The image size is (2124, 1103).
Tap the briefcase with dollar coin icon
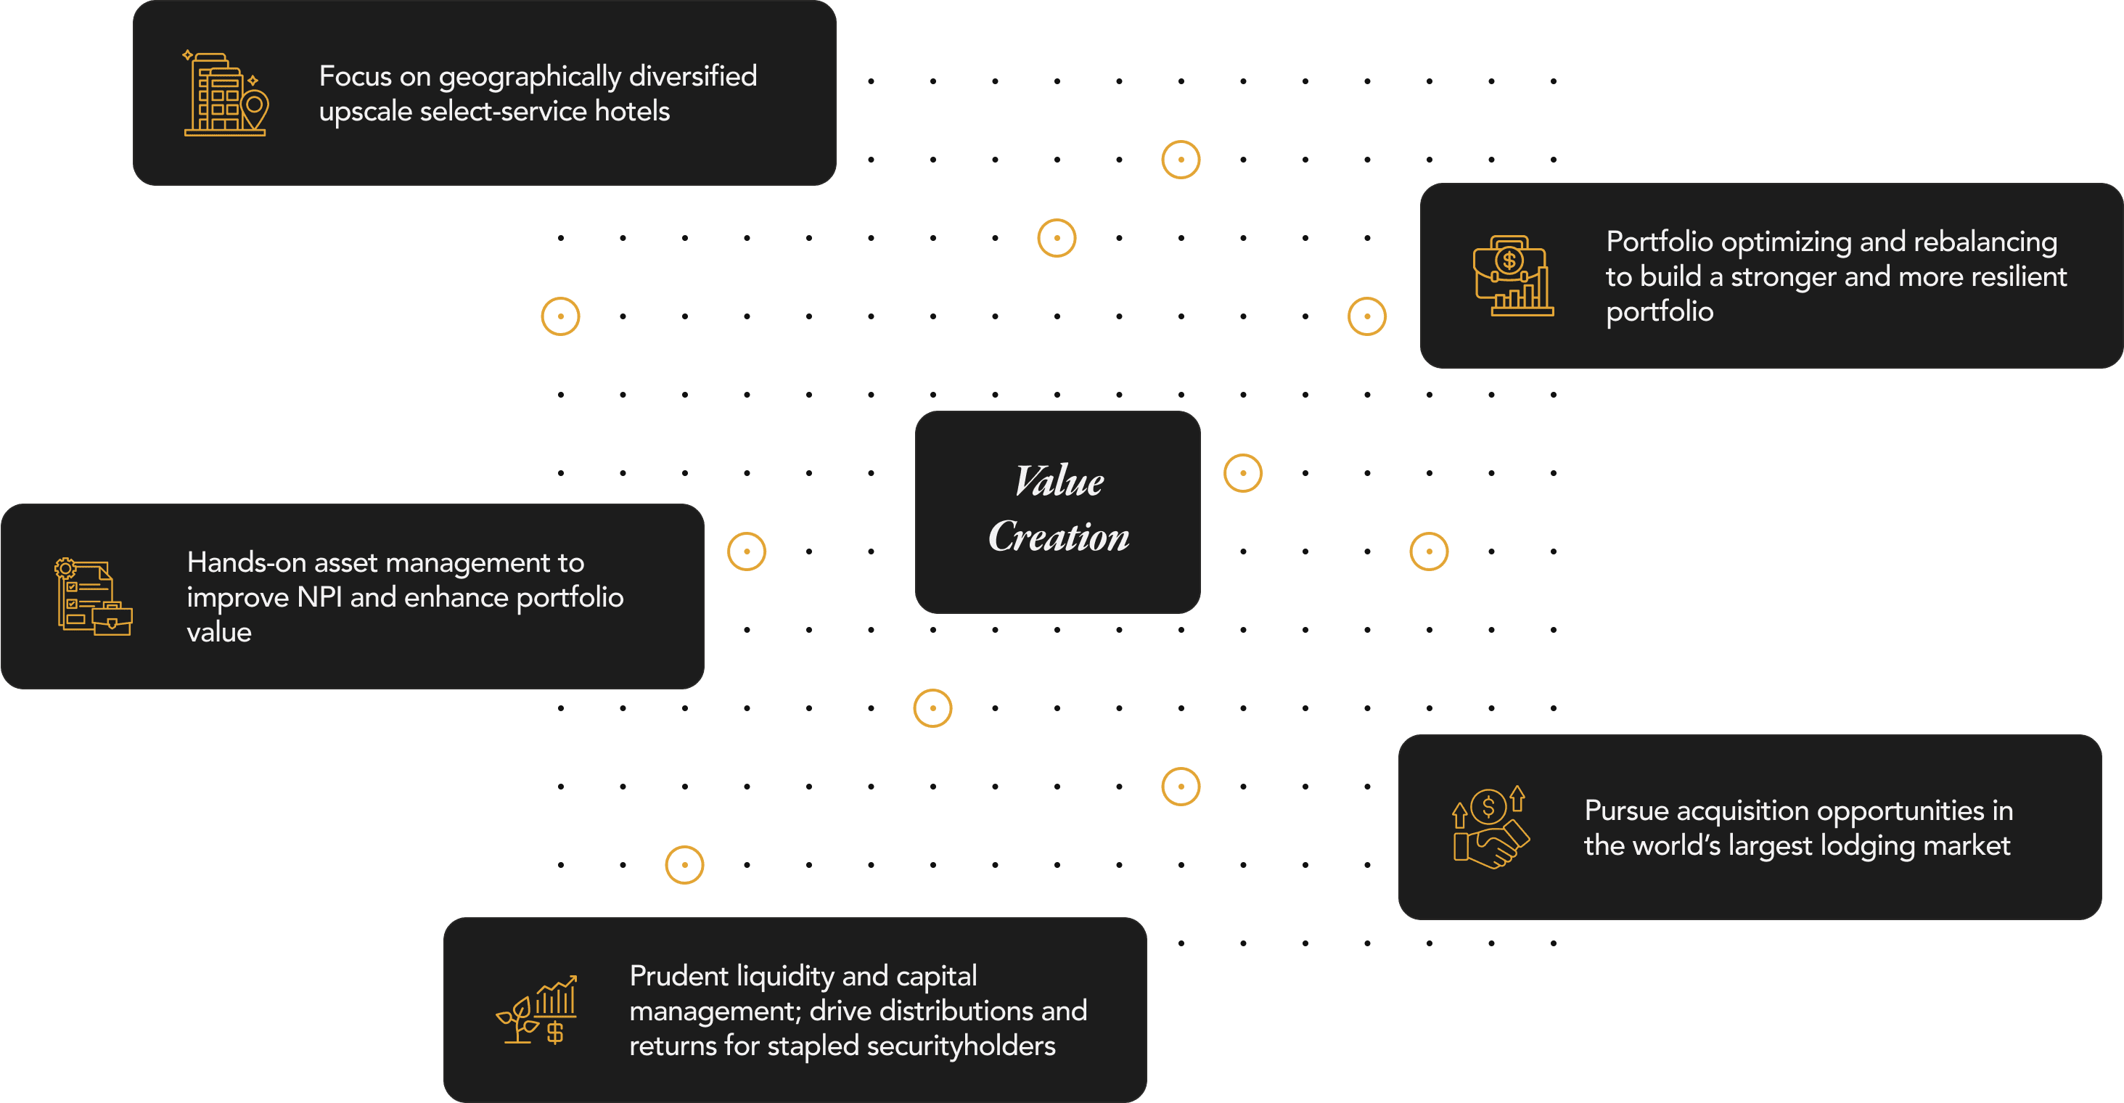pyautogui.click(x=1513, y=275)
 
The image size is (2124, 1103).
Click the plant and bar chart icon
pyautogui.click(x=537, y=1010)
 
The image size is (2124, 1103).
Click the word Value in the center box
pyautogui.click(x=1059, y=481)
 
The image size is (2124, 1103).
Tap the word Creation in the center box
pyautogui.click(x=1059, y=537)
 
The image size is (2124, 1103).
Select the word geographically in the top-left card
pyautogui.click(x=528, y=77)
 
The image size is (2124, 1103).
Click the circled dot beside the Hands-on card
pyautogui.click(x=746, y=551)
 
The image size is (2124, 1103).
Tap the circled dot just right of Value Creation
pyautogui.click(x=1242, y=473)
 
